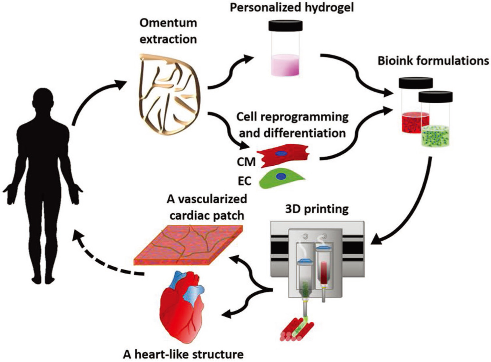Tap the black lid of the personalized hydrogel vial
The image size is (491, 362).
285,26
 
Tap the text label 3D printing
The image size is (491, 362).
316,209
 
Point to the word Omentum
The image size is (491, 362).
168,23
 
